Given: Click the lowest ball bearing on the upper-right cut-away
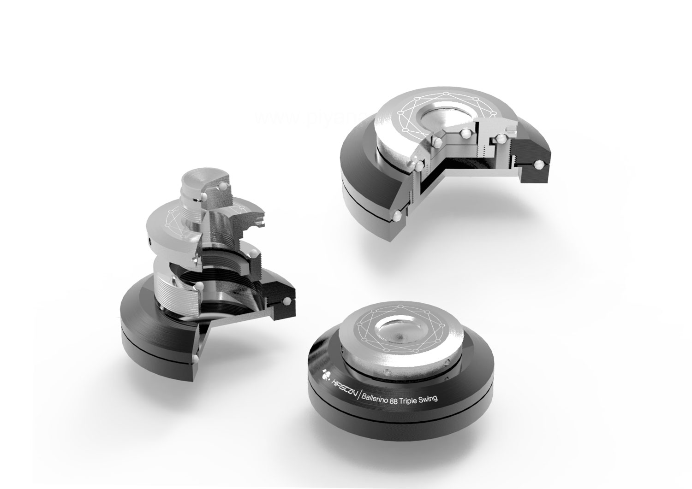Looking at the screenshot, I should pyautogui.click(x=397, y=215).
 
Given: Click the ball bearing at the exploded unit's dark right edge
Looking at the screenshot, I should pyautogui.click(x=288, y=300).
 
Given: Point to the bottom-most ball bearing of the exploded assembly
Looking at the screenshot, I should pyautogui.click(x=196, y=358).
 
